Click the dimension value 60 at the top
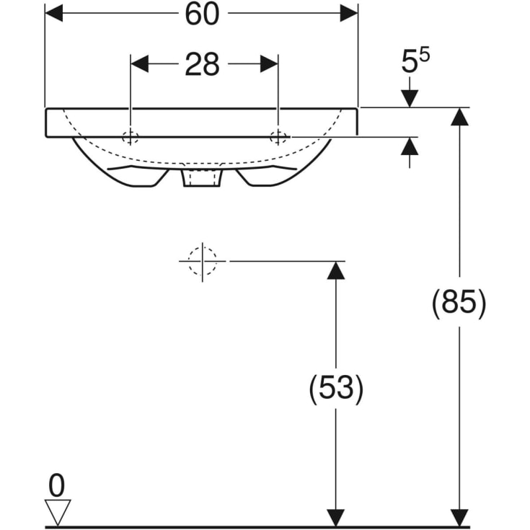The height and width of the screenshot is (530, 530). pos(202,14)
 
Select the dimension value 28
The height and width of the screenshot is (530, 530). pos(202,65)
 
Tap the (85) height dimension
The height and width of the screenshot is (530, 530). pos(459,303)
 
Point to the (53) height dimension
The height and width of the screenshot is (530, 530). pos(336,389)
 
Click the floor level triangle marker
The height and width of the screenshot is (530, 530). pos(57,513)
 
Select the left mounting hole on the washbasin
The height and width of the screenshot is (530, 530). pos(131,138)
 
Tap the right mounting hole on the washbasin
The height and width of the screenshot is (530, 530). pos(278,138)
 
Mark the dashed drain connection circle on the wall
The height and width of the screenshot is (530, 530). pos(203,260)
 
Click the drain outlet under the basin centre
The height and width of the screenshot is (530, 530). pos(202,178)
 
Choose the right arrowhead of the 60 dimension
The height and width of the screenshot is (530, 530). pos(349,14)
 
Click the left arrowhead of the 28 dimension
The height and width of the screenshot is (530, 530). pos(139,64)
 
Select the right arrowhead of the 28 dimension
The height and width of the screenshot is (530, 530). pos(269,64)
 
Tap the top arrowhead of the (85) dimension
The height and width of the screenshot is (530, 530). pos(459,117)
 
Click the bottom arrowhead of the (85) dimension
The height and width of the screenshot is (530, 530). pos(459,518)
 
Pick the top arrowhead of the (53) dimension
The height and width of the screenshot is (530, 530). pos(334,270)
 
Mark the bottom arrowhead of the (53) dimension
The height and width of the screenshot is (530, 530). pos(334,518)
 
